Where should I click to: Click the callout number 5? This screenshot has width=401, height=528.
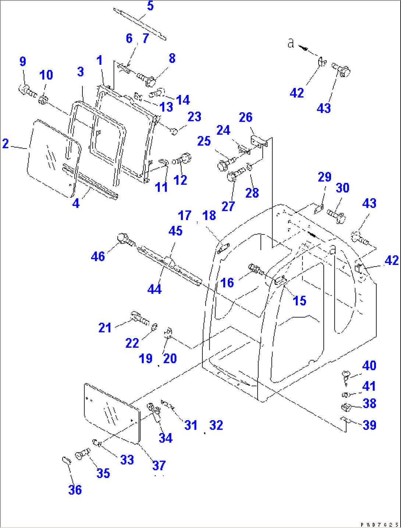tap(150, 6)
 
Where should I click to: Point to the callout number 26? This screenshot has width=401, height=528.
tap(245, 117)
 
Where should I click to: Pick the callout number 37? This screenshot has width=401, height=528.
tap(159, 465)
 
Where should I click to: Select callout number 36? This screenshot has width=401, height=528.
tap(75, 490)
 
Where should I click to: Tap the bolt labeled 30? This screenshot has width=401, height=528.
tap(337, 215)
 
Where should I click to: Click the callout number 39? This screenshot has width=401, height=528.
tap(369, 425)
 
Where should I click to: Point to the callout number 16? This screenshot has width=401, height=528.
tap(227, 283)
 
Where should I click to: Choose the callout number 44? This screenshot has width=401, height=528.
tap(155, 289)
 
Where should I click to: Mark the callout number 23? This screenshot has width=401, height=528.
tap(194, 117)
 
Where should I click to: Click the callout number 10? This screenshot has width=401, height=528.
tap(46, 75)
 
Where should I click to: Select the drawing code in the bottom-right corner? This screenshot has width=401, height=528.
tap(379, 524)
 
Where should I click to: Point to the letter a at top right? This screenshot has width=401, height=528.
tap(291, 43)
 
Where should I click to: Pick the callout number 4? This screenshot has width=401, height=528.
tap(76, 203)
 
